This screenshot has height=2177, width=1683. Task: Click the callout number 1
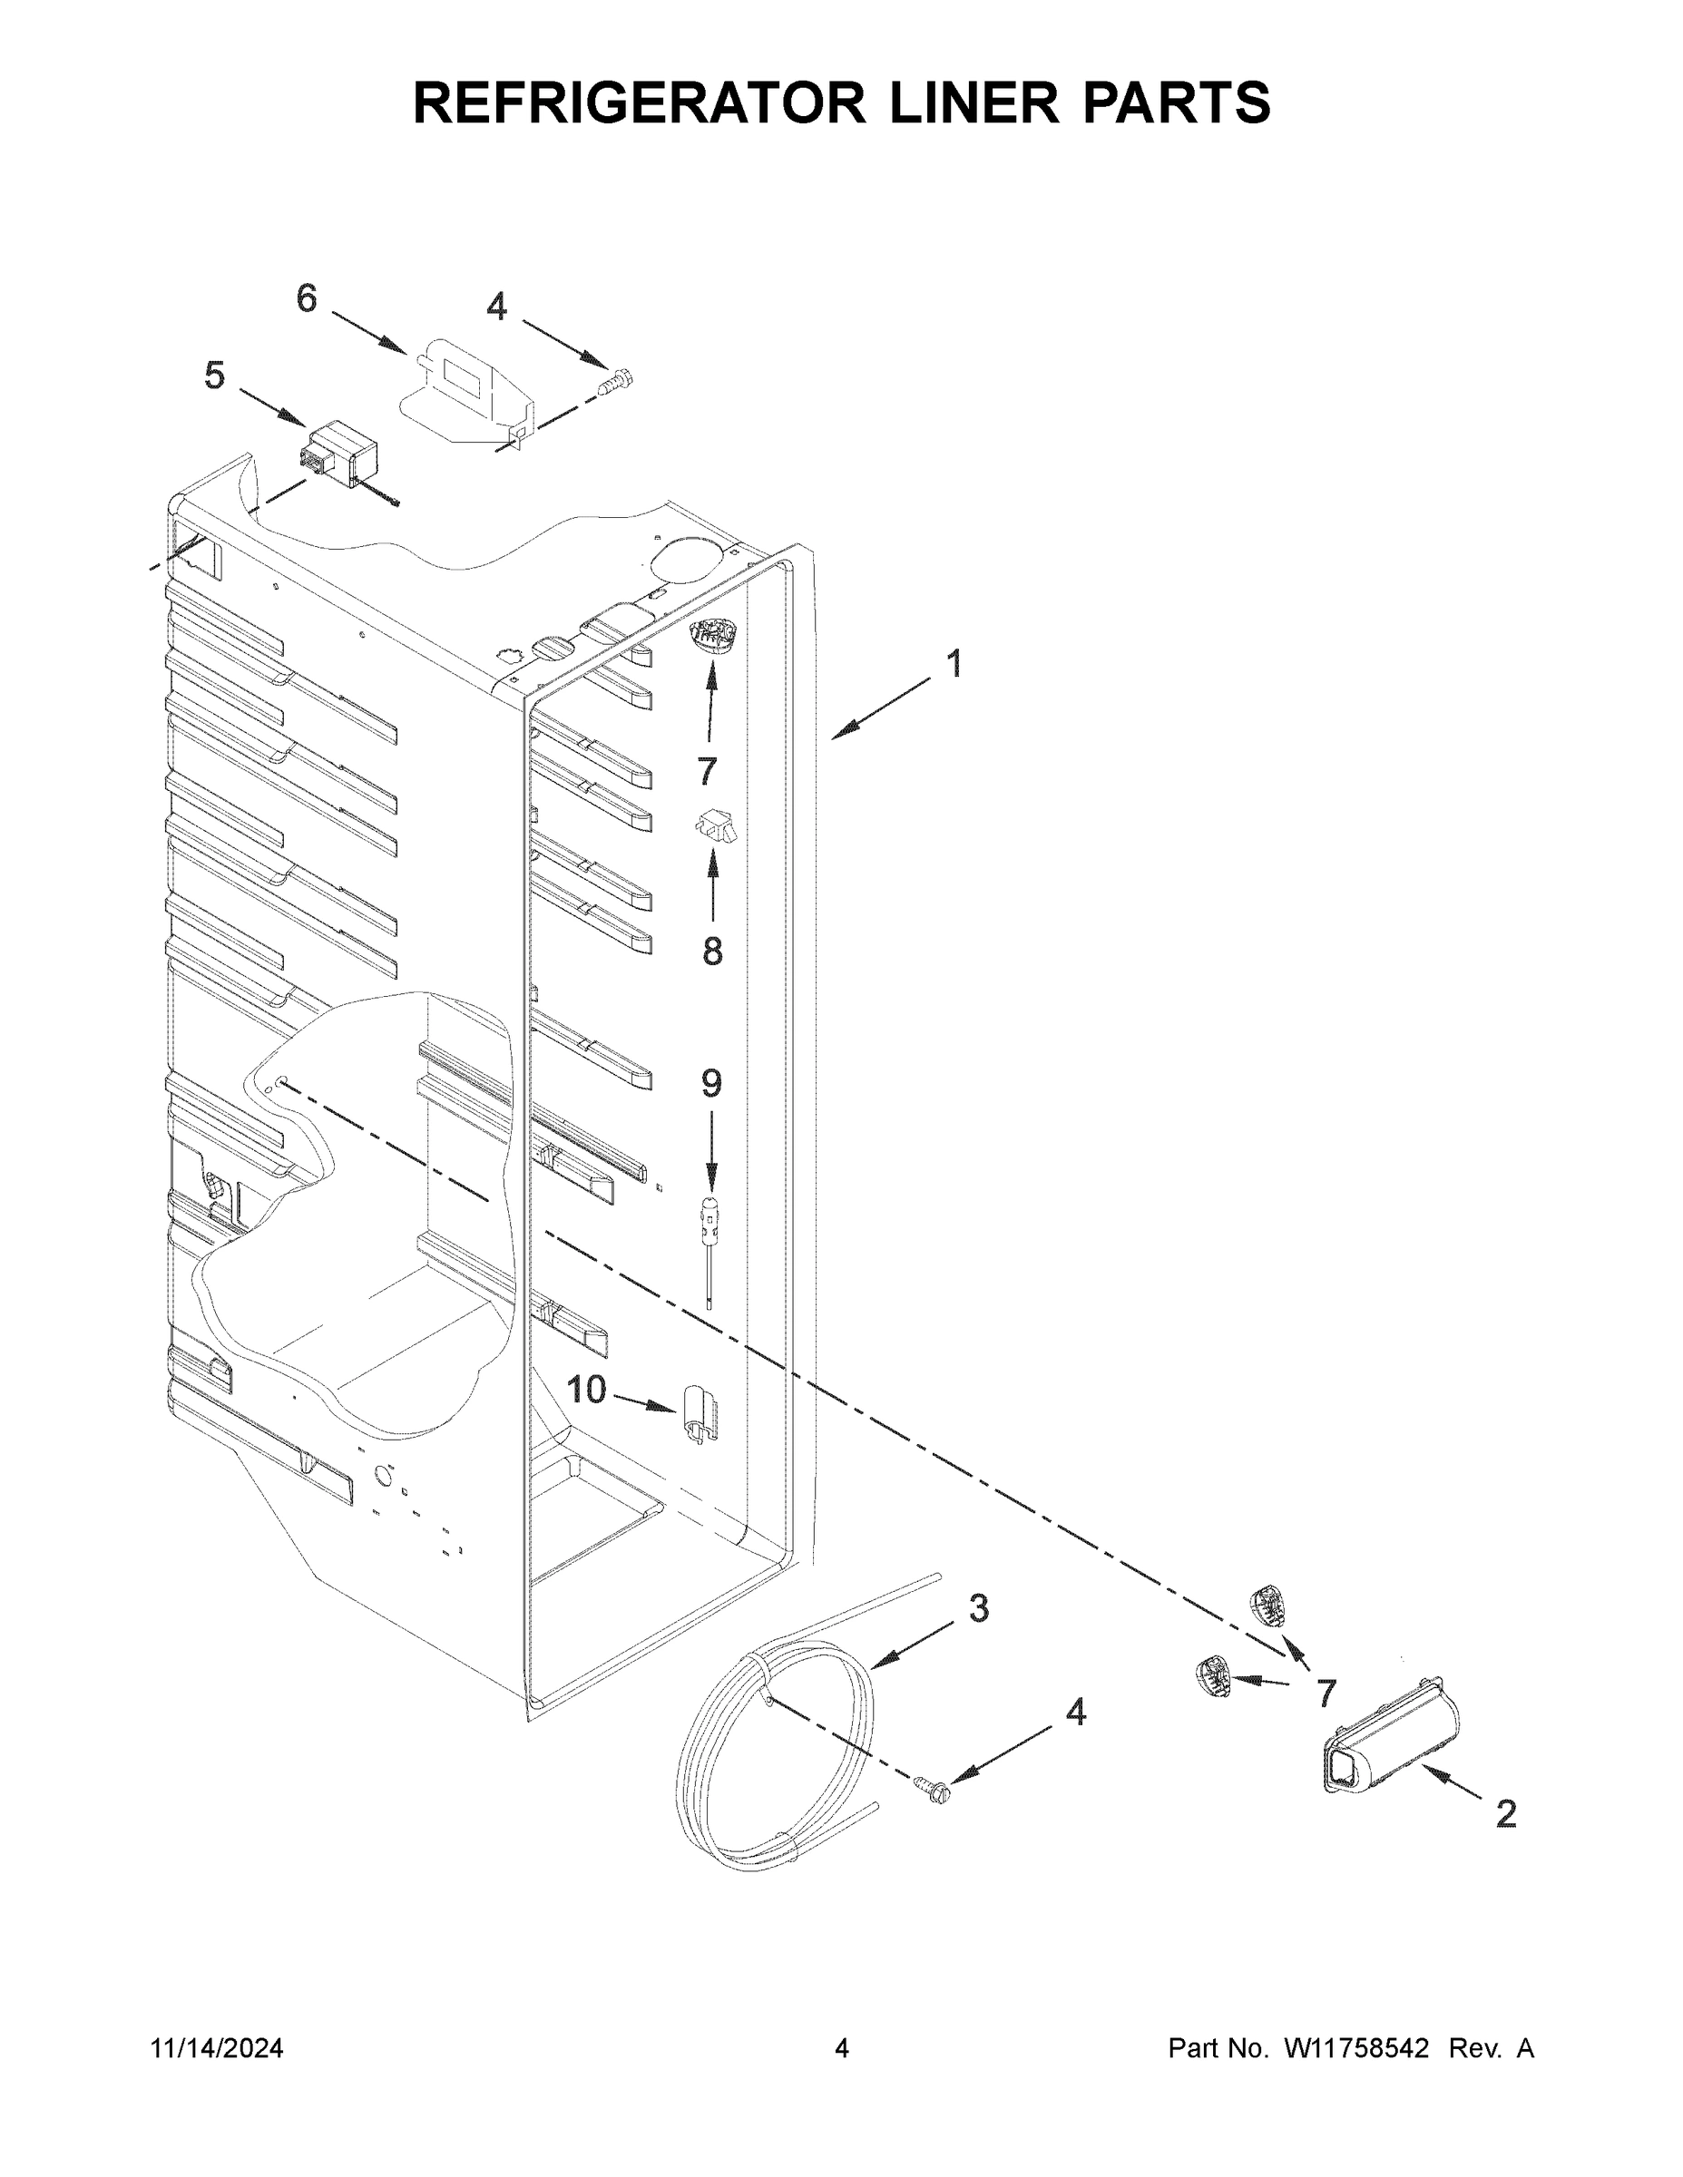pyautogui.click(x=954, y=664)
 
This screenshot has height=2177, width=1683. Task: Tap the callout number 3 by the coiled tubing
pyautogui.click(x=978, y=1608)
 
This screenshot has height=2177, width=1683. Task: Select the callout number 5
pyautogui.click(x=214, y=376)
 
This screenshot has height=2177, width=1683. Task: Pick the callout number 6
pyautogui.click(x=306, y=298)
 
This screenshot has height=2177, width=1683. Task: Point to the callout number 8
pyautogui.click(x=712, y=952)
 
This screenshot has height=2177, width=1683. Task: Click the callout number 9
pyautogui.click(x=711, y=1082)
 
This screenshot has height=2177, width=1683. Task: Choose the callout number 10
pyautogui.click(x=586, y=1389)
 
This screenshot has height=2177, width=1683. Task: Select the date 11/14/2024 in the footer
pyautogui.click(x=216, y=2047)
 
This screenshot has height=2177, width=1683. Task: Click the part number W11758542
pyautogui.click(x=1356, y=2047)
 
